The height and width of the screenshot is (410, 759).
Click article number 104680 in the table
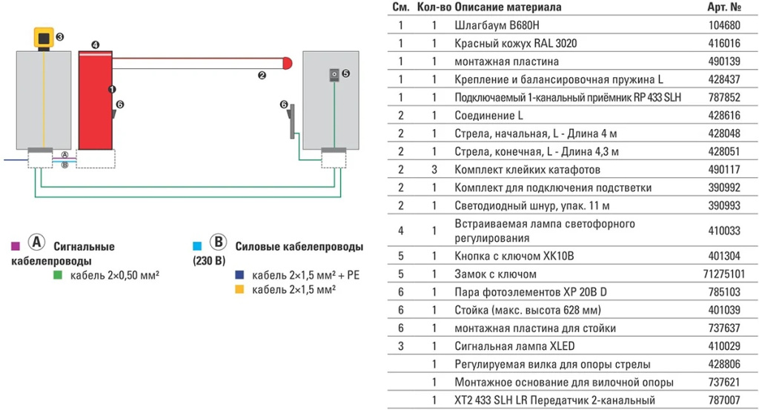tap(725, 24)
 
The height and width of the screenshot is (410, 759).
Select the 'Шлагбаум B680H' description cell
tap(491, 24)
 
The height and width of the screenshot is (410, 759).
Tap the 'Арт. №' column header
tap(725, 7)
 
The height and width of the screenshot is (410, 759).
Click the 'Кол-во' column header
tap(435, 7)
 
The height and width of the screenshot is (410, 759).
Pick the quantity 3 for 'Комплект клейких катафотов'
tap(435, 169)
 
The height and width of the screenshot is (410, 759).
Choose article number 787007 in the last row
tap(725, 400)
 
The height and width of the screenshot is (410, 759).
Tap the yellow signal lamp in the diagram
tap(44, 37)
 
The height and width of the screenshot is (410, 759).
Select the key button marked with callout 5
tap(334, 74)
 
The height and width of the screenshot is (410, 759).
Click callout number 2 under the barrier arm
tap(262, 75)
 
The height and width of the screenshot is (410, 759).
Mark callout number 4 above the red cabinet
tap(95, 45)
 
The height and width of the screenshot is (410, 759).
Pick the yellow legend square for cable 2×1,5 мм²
tap(240, 289)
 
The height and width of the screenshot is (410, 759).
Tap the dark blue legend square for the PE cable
tap(240, 276)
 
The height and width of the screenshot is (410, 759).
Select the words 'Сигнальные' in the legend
tap(84, 247)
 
